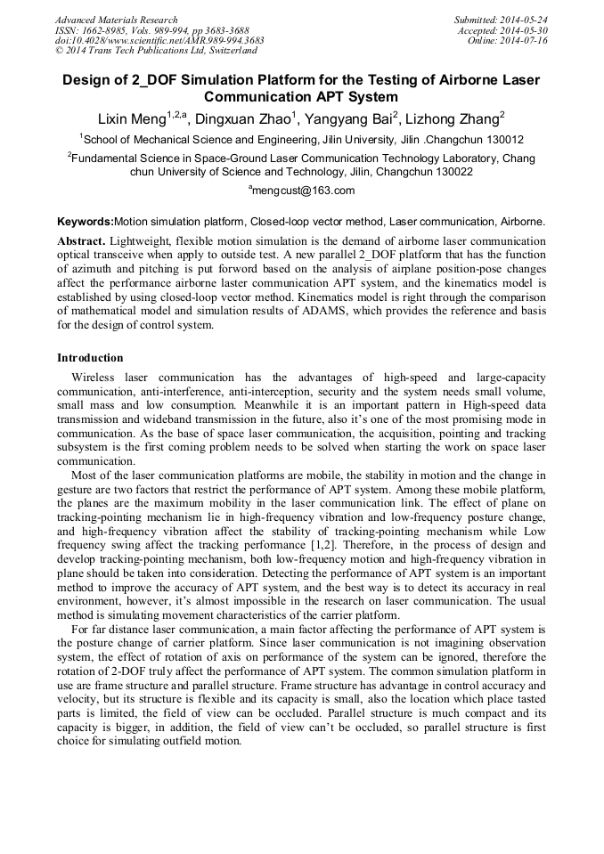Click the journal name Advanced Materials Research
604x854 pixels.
116,20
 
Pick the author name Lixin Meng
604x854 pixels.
130,118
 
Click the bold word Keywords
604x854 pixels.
85,221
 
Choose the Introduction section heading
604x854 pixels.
90,358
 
